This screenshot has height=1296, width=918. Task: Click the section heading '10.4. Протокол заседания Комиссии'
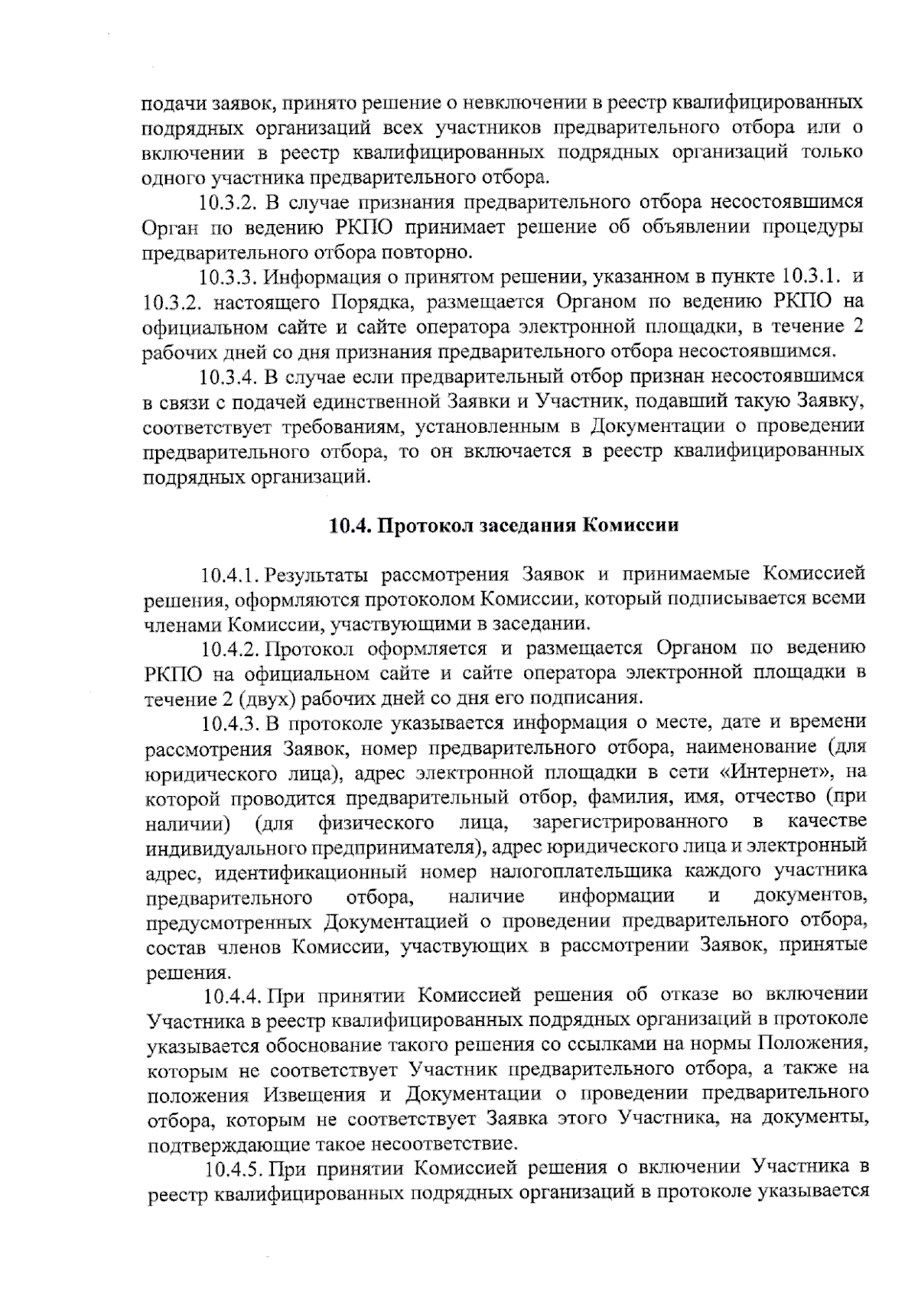503,526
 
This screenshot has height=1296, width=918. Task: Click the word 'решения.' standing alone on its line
177,973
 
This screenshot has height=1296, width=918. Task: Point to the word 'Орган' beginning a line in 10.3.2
167,228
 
